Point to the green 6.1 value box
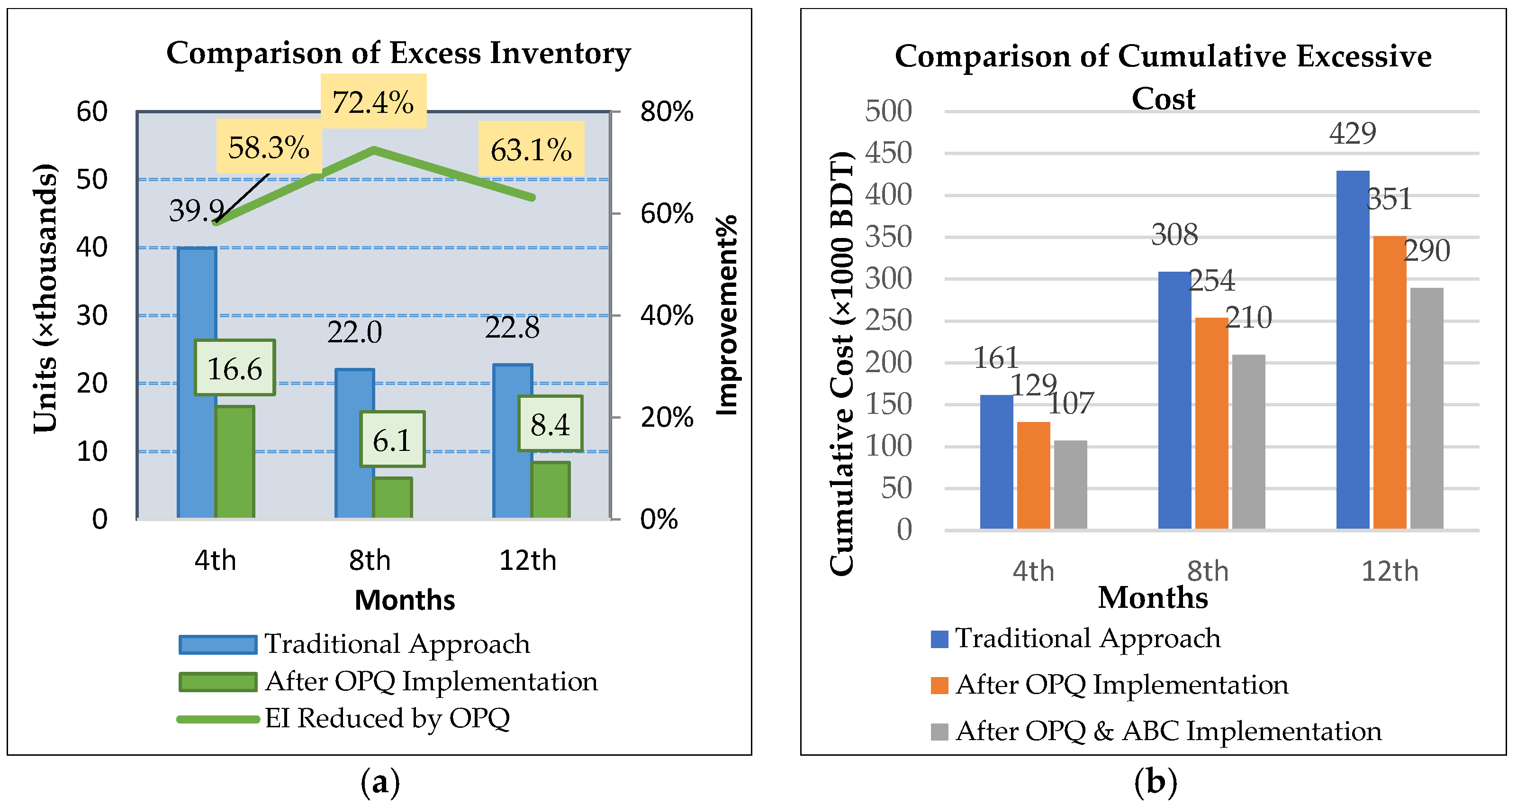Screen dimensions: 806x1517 [x=392, y=440]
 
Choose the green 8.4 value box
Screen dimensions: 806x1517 [x=550, y=423]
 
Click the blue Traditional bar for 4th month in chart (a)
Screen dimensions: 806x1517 [x=196, y=383]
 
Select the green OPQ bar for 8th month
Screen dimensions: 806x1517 [x=392, y=498]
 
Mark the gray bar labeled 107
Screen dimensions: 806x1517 [x=1070, y=484]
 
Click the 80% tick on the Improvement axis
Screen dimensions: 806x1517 [x=666, y=111]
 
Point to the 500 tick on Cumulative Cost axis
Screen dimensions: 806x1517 [x=887, y=111]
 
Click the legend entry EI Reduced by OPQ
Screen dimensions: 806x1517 [x=386, y=718]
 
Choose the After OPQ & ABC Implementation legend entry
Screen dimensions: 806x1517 [x=1167, y=731]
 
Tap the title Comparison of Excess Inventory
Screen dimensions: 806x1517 [x=398, y=53]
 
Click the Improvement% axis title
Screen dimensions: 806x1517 [x=727, y=315]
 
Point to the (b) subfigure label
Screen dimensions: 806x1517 [x=1155, y=781]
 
